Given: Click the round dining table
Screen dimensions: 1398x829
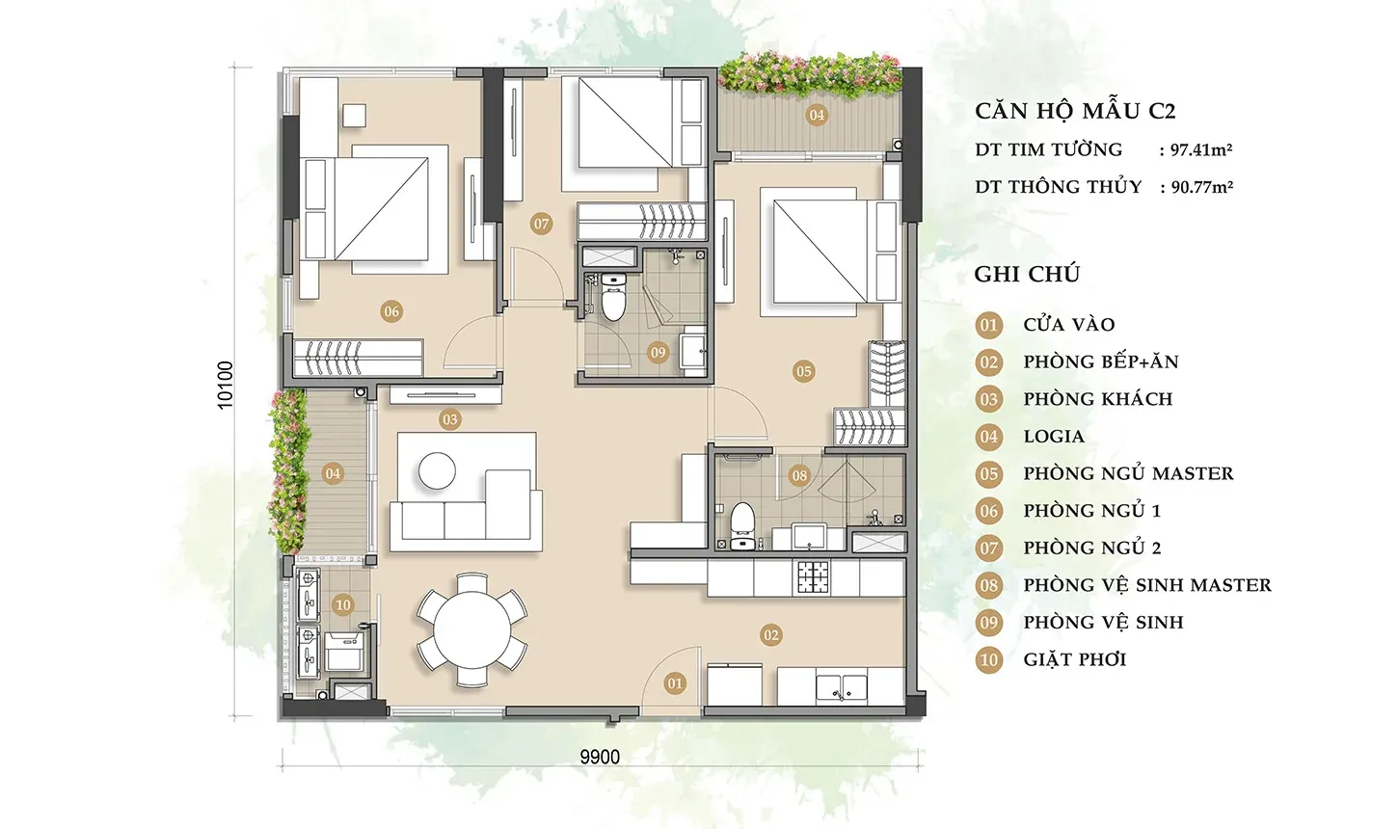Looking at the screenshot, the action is [x=472, y=630].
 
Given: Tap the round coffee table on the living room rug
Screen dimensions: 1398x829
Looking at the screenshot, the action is [x=437, y=470].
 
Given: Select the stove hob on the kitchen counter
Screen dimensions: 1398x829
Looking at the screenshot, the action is [x=812, y=577].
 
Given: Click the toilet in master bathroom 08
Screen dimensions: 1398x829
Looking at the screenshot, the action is [x=742, y=526].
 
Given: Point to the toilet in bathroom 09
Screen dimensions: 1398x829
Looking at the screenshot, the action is [x=613, y=298].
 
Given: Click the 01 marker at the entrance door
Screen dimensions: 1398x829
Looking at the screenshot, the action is [x=675, y=683].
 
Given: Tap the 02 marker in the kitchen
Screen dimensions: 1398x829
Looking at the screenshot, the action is [x=770, y=635].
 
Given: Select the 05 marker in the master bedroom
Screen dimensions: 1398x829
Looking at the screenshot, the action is [x=803, y=372].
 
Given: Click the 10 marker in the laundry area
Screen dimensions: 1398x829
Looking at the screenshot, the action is [x=342, y=604].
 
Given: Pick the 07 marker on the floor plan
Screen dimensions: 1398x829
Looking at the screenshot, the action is [x=541, y=224].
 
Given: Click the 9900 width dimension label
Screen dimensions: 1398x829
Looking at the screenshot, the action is [x=600, y=757].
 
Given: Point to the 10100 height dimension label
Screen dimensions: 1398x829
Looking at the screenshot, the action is [x=226, y=385].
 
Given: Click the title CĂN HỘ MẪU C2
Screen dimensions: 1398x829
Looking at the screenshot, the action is [x=1075, y=111].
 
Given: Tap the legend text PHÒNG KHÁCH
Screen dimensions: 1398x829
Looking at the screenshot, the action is [x=1098, y=399].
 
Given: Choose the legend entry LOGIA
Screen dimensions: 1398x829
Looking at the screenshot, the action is [x=1054, y=437].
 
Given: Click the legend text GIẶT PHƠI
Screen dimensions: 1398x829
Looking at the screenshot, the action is [x=1075, y=660].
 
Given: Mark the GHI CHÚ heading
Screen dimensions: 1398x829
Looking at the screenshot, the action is [x=1027, y=275].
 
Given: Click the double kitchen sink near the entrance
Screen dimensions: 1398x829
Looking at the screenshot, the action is [x=842, y=687].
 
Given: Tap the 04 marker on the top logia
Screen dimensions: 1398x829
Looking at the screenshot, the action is [x=817, y=115].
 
